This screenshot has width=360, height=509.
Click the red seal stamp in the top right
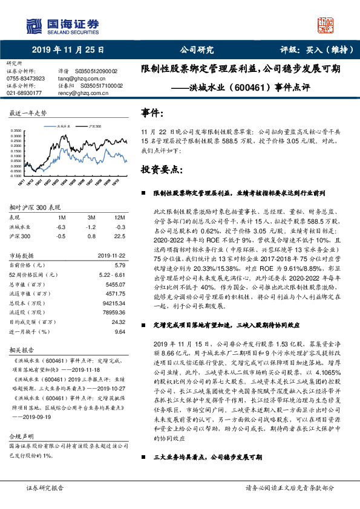(326, 25)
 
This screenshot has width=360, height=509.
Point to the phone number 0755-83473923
(25, 79)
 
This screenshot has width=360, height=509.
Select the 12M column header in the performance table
(120, 217)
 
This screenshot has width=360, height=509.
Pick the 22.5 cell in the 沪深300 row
(119, 236)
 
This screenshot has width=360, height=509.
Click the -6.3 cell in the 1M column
(61, 227)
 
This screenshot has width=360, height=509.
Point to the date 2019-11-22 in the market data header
(111, 256)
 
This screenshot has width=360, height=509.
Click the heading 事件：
(152, 112)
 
